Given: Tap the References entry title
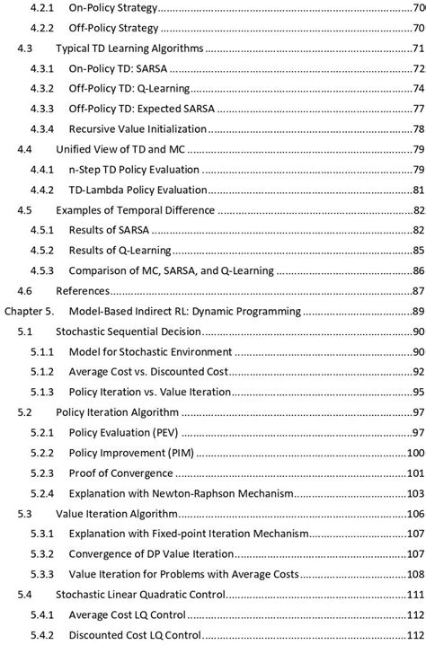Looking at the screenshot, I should pos(83,291).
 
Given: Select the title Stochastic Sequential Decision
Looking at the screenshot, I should pos(127,331).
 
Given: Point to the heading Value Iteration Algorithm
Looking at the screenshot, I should pos(117,514).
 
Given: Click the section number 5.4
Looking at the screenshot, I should pos(26,595).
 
